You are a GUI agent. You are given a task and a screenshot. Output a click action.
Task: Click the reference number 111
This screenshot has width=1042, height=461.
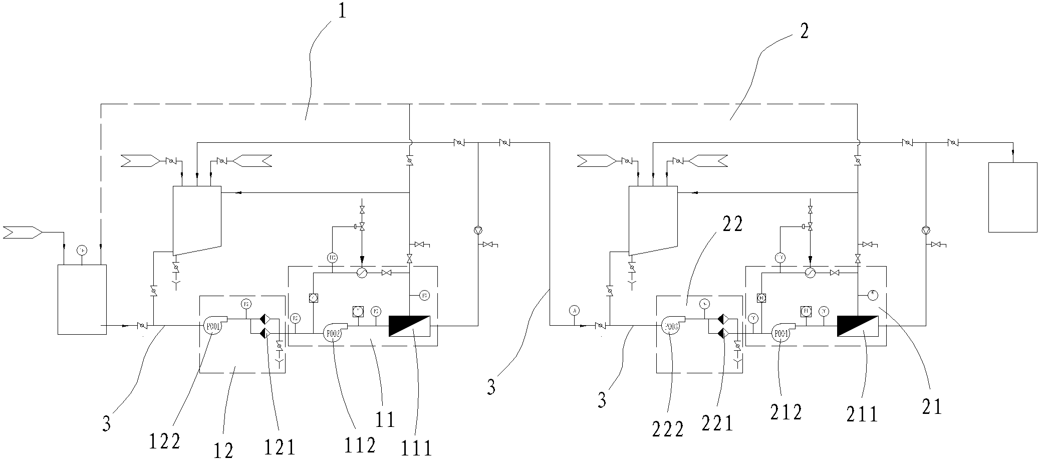417,447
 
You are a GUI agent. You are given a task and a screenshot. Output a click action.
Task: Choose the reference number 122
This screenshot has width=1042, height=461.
164,441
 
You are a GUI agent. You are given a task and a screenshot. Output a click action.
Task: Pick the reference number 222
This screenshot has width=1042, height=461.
668,429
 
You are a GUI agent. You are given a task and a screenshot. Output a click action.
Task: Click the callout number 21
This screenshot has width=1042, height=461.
932,407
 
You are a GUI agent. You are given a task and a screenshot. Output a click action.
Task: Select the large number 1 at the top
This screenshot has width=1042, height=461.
342,11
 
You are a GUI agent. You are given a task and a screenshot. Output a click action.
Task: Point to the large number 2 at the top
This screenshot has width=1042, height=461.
803,32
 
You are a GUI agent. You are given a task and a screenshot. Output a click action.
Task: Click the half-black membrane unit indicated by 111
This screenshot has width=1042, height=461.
409,326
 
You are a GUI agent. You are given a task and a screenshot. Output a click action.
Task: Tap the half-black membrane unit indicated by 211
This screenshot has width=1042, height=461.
857,326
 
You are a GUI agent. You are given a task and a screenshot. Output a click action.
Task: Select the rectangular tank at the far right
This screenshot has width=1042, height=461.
1012,197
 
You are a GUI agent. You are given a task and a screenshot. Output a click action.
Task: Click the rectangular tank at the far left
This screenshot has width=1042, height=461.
82,299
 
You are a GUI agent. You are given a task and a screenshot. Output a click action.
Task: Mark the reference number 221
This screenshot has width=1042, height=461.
717,423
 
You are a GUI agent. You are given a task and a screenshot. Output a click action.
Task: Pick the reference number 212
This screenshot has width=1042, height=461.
787,412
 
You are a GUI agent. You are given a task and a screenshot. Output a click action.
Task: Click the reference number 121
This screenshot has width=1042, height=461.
279,446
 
